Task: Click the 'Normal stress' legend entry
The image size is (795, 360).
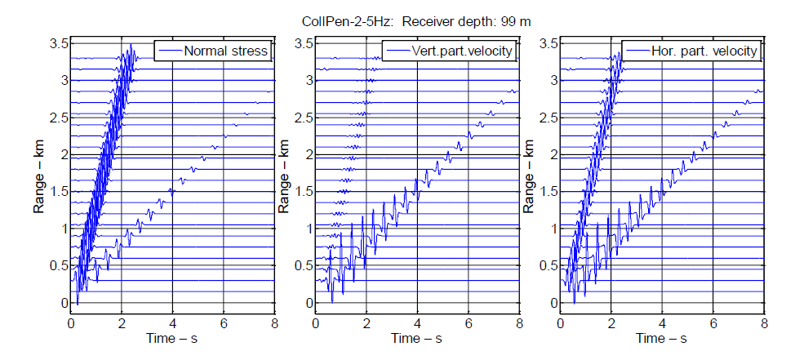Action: [226, 51]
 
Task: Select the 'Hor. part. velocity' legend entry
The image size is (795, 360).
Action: [706, 51]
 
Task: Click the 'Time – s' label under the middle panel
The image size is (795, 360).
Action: [417, 337]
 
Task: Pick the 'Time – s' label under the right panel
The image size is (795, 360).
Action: [662, 337]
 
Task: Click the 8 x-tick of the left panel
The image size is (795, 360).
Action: [274, 322]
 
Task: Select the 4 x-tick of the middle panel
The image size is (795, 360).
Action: [417, 322]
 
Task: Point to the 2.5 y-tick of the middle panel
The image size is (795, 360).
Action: [300, 118]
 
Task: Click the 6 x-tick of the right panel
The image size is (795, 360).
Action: [713, 322]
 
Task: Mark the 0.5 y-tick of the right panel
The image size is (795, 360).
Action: [545, 266]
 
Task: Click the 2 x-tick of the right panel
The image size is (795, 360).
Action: [611, 322]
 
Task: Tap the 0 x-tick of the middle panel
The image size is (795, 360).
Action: [315, 322]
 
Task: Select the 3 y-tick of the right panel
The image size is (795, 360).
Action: [552, 80]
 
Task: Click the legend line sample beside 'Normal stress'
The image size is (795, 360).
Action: [169, 51]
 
